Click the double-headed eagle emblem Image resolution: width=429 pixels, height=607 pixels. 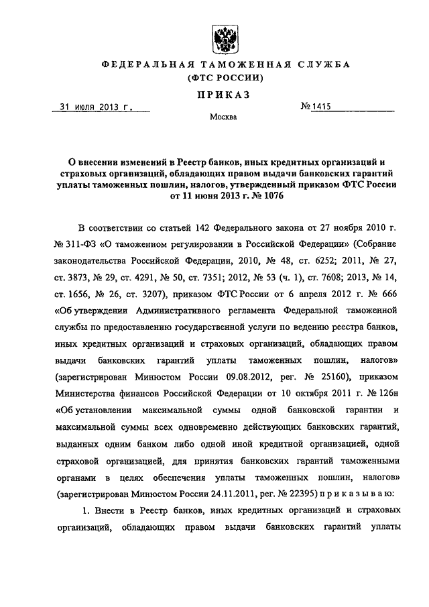[222, 34]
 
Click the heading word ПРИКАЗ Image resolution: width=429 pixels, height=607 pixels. [222, 95]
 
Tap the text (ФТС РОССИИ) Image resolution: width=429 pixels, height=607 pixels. [222, 78]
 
